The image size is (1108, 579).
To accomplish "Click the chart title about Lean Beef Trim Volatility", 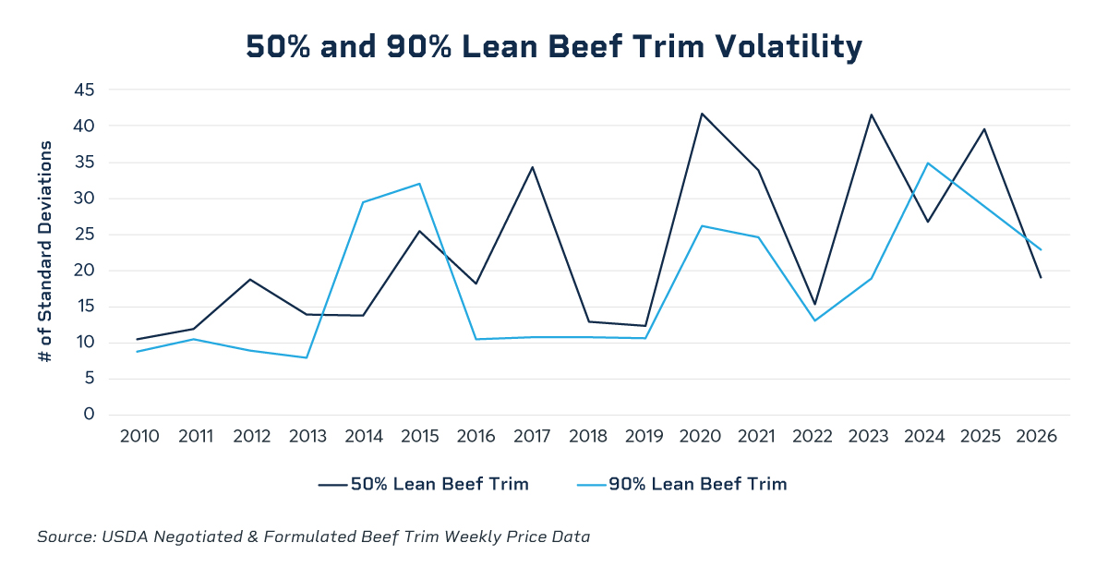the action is tap(554, 47).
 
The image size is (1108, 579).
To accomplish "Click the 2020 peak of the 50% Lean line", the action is tap(702, 114).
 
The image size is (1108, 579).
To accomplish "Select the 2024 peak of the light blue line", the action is tap(927, 163).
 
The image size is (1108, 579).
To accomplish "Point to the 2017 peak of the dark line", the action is tap(532, 167).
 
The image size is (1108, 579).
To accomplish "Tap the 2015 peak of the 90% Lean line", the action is tap(419, 184).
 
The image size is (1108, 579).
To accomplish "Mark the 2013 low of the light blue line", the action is tap(307, 357).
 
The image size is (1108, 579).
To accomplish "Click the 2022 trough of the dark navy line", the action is tap(814, 304).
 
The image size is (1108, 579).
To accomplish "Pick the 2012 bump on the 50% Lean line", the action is tap(250, 280).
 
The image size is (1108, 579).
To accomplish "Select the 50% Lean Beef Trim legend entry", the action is tap(424, 484).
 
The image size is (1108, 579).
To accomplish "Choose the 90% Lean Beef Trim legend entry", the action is tap(682, 484).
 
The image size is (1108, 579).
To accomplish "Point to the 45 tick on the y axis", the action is tap(84, 90).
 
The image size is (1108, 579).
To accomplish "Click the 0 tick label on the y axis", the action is tap(89, 415).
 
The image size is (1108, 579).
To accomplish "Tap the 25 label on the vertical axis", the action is tap(84, 234).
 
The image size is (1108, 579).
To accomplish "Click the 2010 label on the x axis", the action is tap(139, 437).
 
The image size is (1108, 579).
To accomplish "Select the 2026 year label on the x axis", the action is tap(1036, 437).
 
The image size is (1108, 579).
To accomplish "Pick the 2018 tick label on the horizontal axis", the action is tap(588, 437).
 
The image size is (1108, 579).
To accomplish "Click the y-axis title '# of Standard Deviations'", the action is tap(45, 251).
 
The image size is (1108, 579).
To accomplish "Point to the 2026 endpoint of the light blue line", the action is tap(1041, 249).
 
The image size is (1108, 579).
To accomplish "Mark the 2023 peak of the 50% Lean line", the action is tap(871, 115).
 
